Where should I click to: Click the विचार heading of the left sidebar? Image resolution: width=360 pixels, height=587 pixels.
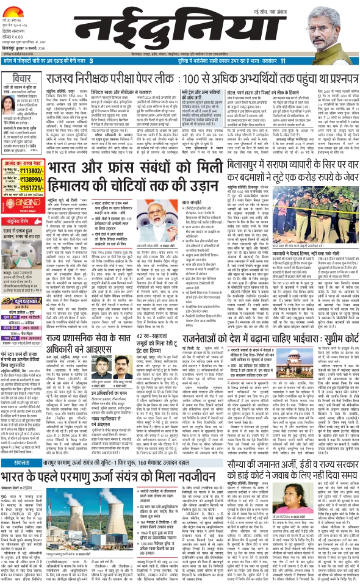tap(20, 79)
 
